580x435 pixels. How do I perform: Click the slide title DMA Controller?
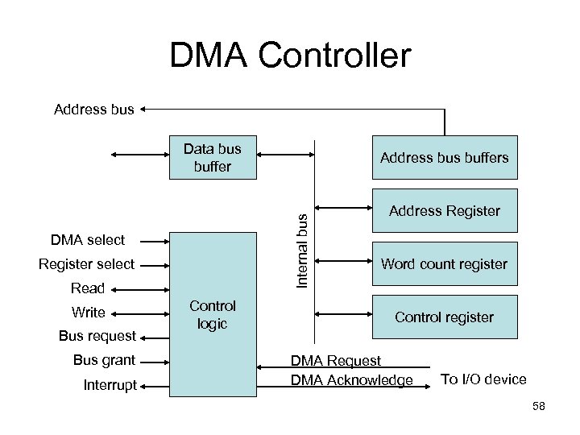290,56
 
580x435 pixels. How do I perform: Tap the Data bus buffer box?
213,158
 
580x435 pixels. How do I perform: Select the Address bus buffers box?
444,158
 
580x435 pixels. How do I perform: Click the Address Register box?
444,211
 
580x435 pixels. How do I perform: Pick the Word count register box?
444,264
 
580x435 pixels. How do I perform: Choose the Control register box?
444,317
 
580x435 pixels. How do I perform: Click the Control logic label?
213,314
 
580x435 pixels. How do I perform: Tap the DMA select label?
88,239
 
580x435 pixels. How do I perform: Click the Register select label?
87,264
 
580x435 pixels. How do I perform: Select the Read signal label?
88,288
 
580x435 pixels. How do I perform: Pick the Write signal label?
88,313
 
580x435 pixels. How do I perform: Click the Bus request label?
97,335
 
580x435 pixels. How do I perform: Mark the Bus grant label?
103,360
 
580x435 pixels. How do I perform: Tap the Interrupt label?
110,386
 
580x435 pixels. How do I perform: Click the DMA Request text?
336,362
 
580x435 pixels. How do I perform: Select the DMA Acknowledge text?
350,380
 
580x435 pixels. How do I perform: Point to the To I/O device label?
483,379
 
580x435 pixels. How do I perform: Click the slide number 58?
538,407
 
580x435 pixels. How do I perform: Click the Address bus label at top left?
93,109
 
